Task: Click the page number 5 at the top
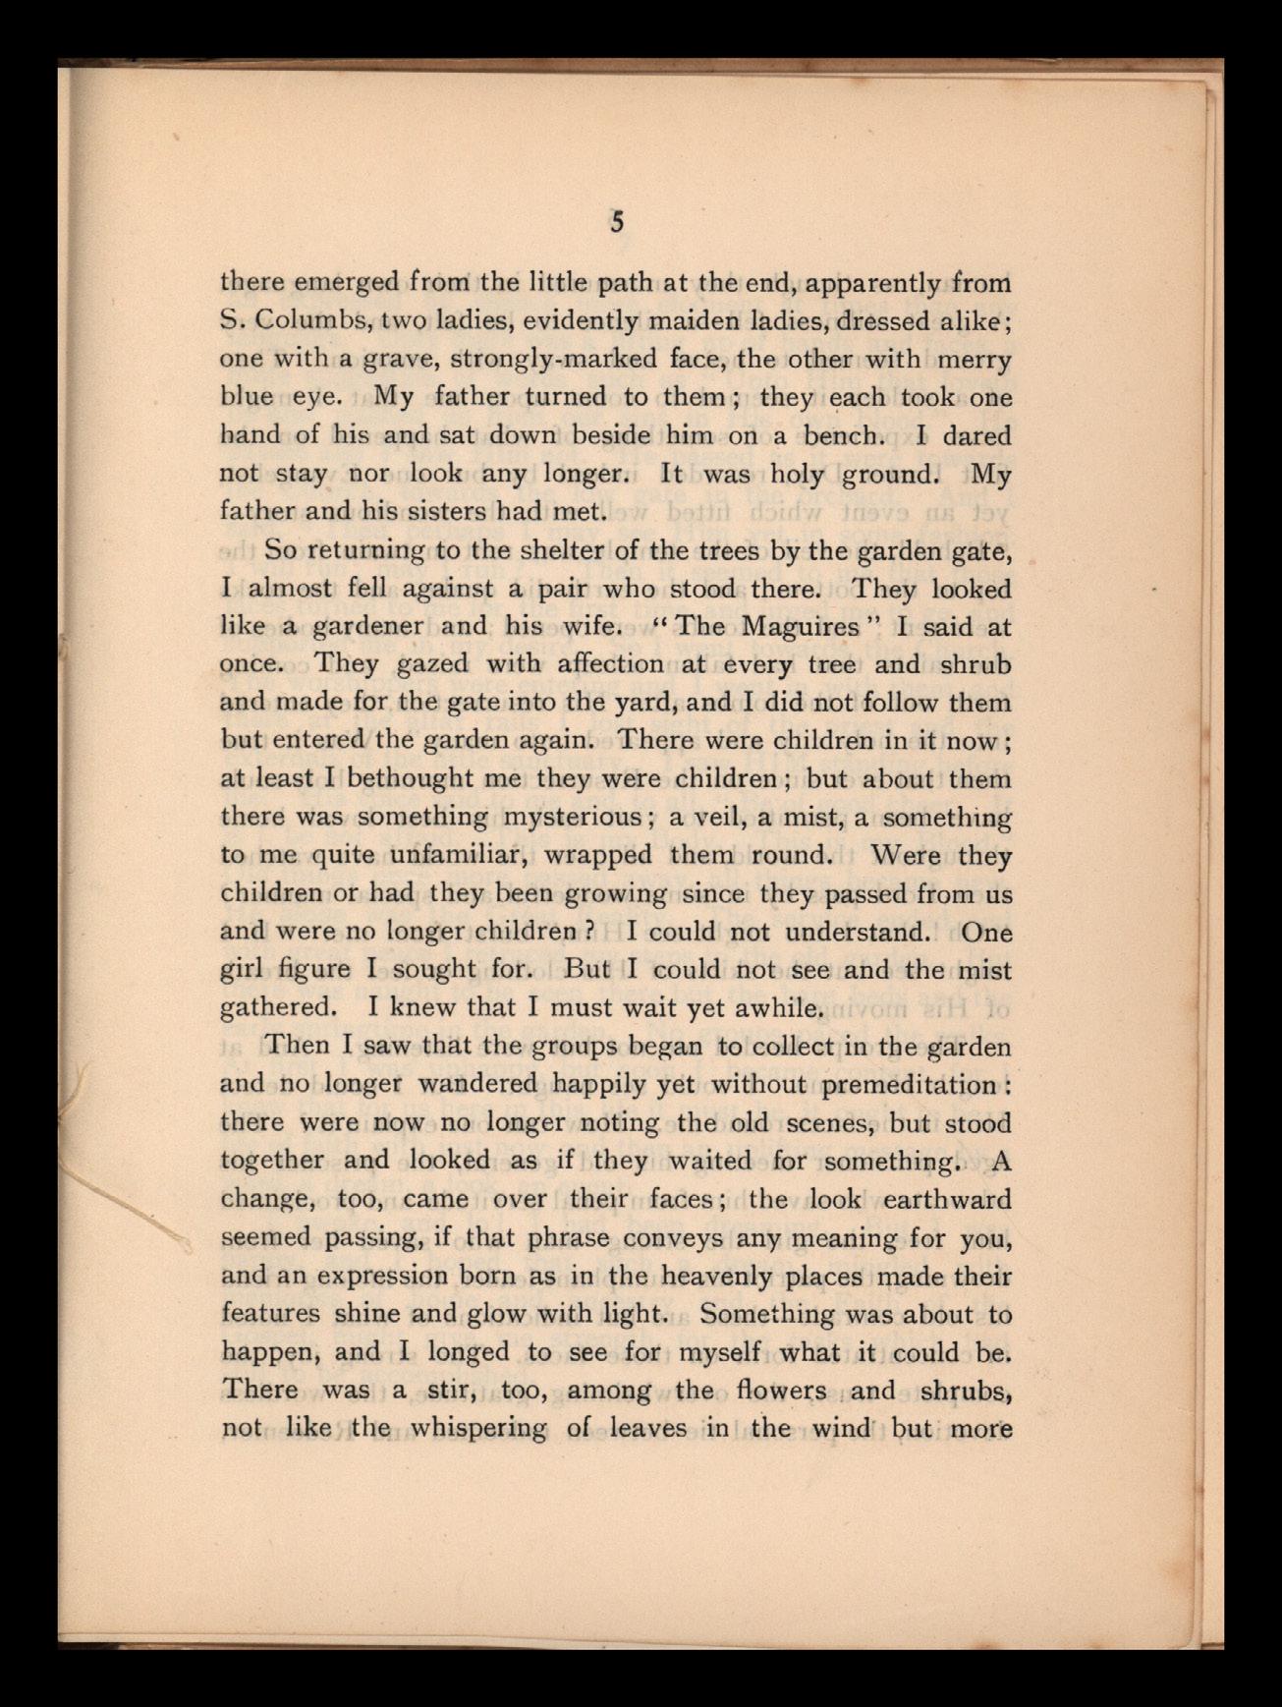[x=616, y=223]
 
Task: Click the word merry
[x=974, y=360]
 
